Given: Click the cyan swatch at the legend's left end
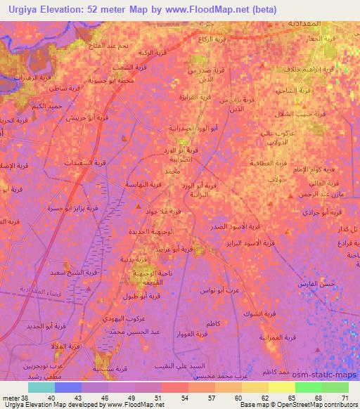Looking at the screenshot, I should [41, 387].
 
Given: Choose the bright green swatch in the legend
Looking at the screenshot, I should [309, 387].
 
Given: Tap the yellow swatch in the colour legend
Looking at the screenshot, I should [282, 387].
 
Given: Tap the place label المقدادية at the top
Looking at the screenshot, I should [309, 23].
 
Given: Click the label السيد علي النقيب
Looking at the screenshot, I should [177, 366].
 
